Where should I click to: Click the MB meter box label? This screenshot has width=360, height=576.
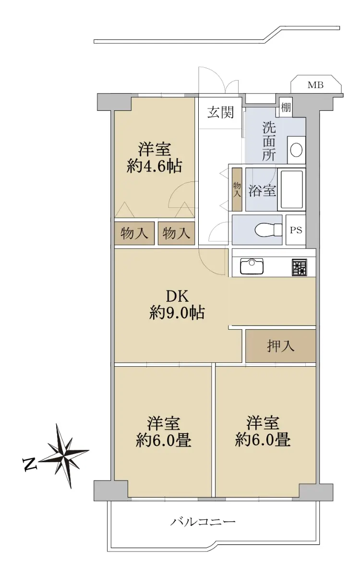[x=315, y=85]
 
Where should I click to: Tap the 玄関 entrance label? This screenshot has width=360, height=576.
[x=221, y=112]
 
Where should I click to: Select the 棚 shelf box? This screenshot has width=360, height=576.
[x=286, y=107]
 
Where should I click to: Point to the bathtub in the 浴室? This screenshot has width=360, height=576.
[x=292, y=190]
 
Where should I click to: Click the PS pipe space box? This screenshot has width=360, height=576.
[x=296, y=230]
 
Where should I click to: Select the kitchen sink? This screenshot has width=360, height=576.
[x=252, y=266]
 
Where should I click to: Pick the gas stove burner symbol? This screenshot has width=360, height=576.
[x=300, y=267]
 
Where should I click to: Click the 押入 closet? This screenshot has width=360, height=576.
[x=280, y=346]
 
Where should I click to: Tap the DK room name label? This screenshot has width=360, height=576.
[x=178, y=296]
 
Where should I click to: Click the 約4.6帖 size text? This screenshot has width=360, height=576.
[x=154, y=166]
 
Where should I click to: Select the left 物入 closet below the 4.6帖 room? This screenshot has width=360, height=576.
[x=134, y=233]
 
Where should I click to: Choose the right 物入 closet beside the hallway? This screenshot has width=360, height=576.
[x=176, y=233]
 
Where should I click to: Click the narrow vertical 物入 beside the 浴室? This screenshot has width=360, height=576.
[x=237, y=189]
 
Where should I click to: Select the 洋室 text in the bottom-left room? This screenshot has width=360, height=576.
[x=164, y=423]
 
